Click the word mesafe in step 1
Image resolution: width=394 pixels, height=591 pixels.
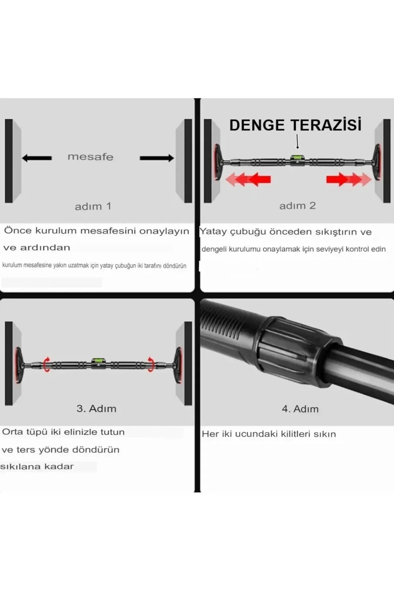(x=90, y=157)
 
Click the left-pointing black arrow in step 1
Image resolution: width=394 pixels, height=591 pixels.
(x=37, y=158)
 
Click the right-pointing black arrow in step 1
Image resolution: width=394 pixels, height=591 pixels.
(x=157, y=158)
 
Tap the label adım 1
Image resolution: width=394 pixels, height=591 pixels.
(x=93, y=207)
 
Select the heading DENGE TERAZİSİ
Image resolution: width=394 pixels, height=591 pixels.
(x=295, y=125)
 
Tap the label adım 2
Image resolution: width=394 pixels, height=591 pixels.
(x=297, y=206)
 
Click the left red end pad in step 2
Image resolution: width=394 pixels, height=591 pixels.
(x=217, y=162)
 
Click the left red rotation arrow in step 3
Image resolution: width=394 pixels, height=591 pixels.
(x=47, y=364)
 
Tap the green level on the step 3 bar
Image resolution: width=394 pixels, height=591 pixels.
(x=97, y=360)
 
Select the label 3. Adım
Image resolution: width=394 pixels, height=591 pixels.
(x=96, y=409)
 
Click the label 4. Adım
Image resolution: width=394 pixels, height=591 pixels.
(x=300, y=409)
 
